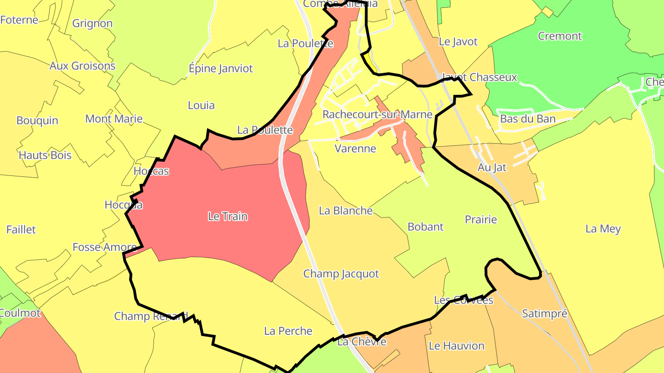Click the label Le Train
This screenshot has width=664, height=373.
(228, 216)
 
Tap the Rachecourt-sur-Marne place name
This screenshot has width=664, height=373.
(377, 114)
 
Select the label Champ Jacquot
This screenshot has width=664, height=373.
(341, 274)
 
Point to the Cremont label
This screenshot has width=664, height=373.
(560, 36)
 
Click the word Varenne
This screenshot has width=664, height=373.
(355, 148)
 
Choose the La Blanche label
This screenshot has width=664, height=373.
(346, 210)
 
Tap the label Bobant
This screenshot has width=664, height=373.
(425, 227)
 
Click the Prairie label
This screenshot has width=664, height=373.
(481, 219)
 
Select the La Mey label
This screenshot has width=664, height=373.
(603, 228)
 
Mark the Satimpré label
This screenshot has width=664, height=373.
(545, 314)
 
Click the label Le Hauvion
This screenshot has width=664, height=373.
(456, 345)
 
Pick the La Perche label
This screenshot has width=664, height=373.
(288, 331)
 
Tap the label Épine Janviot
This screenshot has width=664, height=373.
(221, 69)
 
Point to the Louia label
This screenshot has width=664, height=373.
(201, 105)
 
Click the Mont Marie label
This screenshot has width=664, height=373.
(114, 118)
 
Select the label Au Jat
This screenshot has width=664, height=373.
(492, 168)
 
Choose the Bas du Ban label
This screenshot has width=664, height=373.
(528, 119)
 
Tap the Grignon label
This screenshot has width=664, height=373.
(92, 23)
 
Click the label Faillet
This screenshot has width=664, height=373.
(21, 229)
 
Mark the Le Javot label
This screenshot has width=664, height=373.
(458, 41)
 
